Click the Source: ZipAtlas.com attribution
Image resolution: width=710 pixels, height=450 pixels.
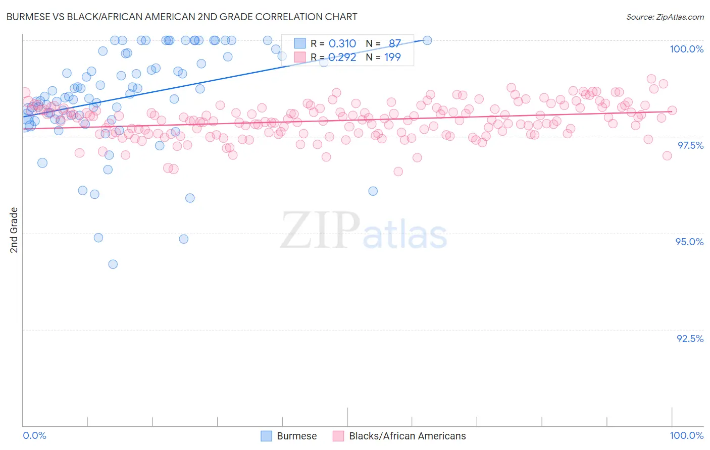(x=665, y=17)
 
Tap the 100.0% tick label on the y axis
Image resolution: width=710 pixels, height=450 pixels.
(x=686, y=49)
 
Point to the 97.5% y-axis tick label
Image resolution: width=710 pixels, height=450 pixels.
(x=690, y=145)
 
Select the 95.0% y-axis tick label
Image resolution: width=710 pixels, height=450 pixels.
(x=689, y=242)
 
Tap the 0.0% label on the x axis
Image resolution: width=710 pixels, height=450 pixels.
(x=34, y=435)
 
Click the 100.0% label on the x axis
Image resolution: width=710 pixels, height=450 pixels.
(x=686, y=435)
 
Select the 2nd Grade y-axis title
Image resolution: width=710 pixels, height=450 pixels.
(x=14, y=230)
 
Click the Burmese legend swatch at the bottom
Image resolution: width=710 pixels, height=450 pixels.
(x=267, y=436)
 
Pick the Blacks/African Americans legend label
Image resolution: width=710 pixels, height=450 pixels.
(x=407, y=436)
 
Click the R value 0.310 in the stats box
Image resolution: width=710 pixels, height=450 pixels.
(x=342, y=44)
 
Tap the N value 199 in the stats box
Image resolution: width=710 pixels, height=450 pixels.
(x=392, y=57)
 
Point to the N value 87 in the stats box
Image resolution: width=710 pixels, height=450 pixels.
(x=394, y=44)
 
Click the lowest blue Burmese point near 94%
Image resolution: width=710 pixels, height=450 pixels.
(x=113, y=264)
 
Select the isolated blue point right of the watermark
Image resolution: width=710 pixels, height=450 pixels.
(x=373, y=191)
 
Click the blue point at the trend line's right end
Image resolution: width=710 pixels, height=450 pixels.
(x=427, y=40)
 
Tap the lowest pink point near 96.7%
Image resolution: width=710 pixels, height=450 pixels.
(x=398, y=172)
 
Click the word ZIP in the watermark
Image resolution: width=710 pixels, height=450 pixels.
(x=320, y=230)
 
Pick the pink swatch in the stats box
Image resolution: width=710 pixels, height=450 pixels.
(x=300, y=57)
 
